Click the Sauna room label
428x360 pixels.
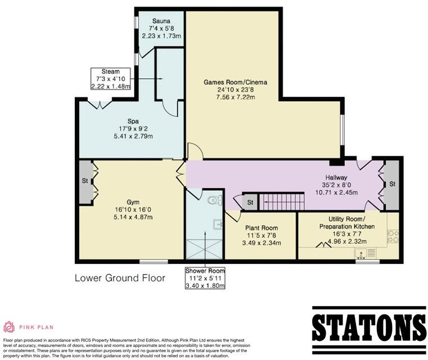point(162,20)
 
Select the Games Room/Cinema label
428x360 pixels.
point(235,82)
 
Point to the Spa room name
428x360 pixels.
point(133,120)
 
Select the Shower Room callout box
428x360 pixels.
point(205,278)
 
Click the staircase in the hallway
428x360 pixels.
point(277,200)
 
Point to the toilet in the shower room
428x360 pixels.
point(214,200)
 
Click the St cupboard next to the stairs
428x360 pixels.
point(249,201)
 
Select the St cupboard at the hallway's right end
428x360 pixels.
point(391,184)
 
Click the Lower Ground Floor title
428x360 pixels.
point(120,278)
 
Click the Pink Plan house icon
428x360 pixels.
point(10,327)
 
